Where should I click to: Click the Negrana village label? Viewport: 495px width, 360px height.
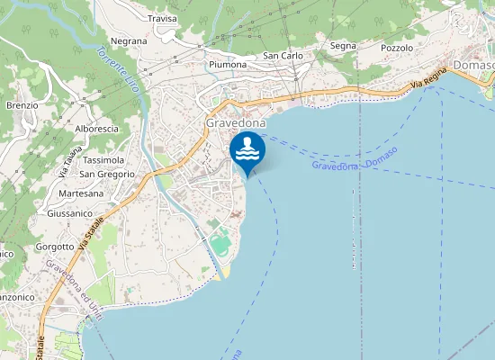[129, 41]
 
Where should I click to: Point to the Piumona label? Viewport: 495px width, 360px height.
[227, 65]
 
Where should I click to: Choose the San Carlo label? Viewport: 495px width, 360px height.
[283, 56]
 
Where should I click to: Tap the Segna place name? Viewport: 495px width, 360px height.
[343, 46]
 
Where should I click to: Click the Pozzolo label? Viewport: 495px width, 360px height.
[397, 48]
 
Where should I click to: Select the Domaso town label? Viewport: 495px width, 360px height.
[473, 67]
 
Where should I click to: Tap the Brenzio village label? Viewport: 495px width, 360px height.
[22, 105]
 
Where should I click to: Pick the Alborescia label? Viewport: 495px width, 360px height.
[97, 129]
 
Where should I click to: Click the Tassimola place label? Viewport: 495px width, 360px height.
[103, 160]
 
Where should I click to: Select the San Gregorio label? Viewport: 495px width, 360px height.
[108, 174]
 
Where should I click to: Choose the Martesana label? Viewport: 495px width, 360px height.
[81, 193]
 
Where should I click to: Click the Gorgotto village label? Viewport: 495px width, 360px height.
[56, 247]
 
